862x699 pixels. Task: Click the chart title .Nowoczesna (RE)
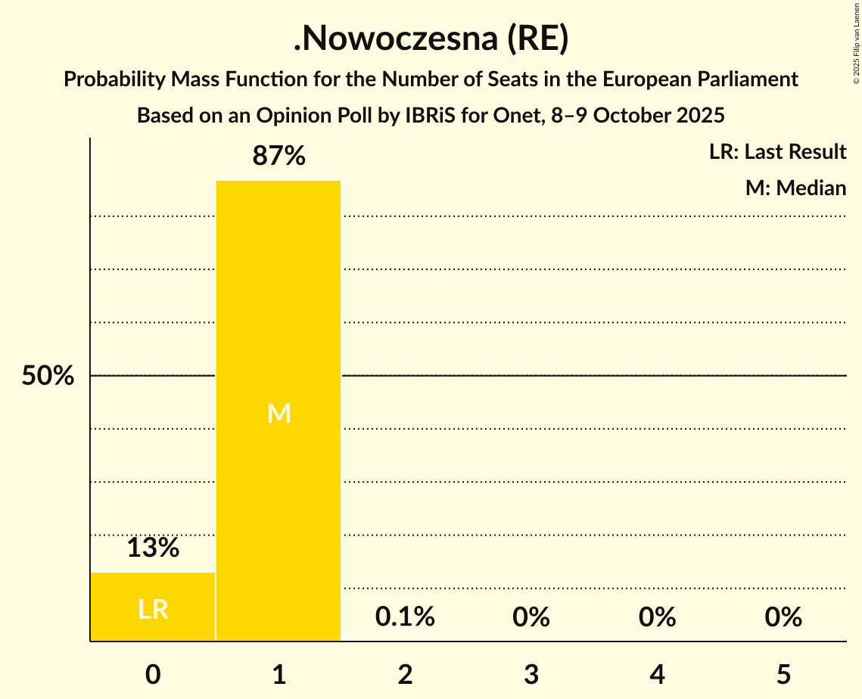click(x=431, y=40)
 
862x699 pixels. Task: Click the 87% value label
click(x=279, y=156)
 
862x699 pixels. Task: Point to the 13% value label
click(x=153, y=548)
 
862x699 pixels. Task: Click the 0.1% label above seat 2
click(x=405, y=617)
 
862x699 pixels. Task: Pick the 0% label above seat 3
click(x=531, y=617)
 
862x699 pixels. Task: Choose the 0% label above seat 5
click(x=783, y=617)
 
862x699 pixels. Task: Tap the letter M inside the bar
click(x=279, y=413)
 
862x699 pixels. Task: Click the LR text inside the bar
click(x=153, y=610)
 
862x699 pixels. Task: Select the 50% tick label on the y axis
click(x=48, y=376)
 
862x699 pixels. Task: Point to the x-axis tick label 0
click(x=153, y=675)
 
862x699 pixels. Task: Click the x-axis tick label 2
click(x=405, y=675)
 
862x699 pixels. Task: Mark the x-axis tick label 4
click(x=657, y=675)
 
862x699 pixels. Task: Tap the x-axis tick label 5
click(x=783, y=675)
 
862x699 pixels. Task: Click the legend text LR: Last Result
click(x=777, y=152)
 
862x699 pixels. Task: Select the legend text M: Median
click(x=795, y=188)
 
